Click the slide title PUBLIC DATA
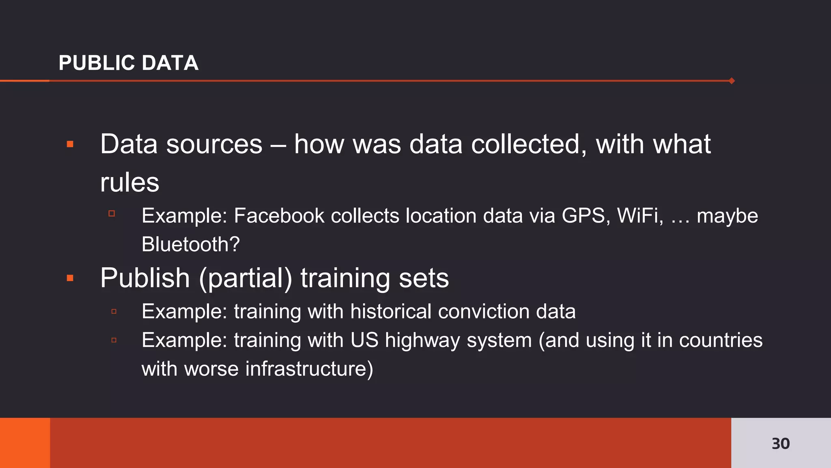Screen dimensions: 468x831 (128, 63)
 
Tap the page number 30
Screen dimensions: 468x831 (780, 443)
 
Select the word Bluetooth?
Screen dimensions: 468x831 (191, 244)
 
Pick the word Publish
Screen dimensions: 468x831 (145, 278)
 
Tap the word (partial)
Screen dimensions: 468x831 (245, 279)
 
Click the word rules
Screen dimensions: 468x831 (129, 183)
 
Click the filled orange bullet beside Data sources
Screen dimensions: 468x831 (70, 144)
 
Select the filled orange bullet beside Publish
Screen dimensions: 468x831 (70, 278)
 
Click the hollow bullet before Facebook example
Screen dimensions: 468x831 (112, 213)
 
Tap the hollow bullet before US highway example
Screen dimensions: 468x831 (114, 340)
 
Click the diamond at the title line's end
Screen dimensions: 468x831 (732, 81)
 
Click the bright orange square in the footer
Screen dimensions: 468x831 (25, 443)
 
